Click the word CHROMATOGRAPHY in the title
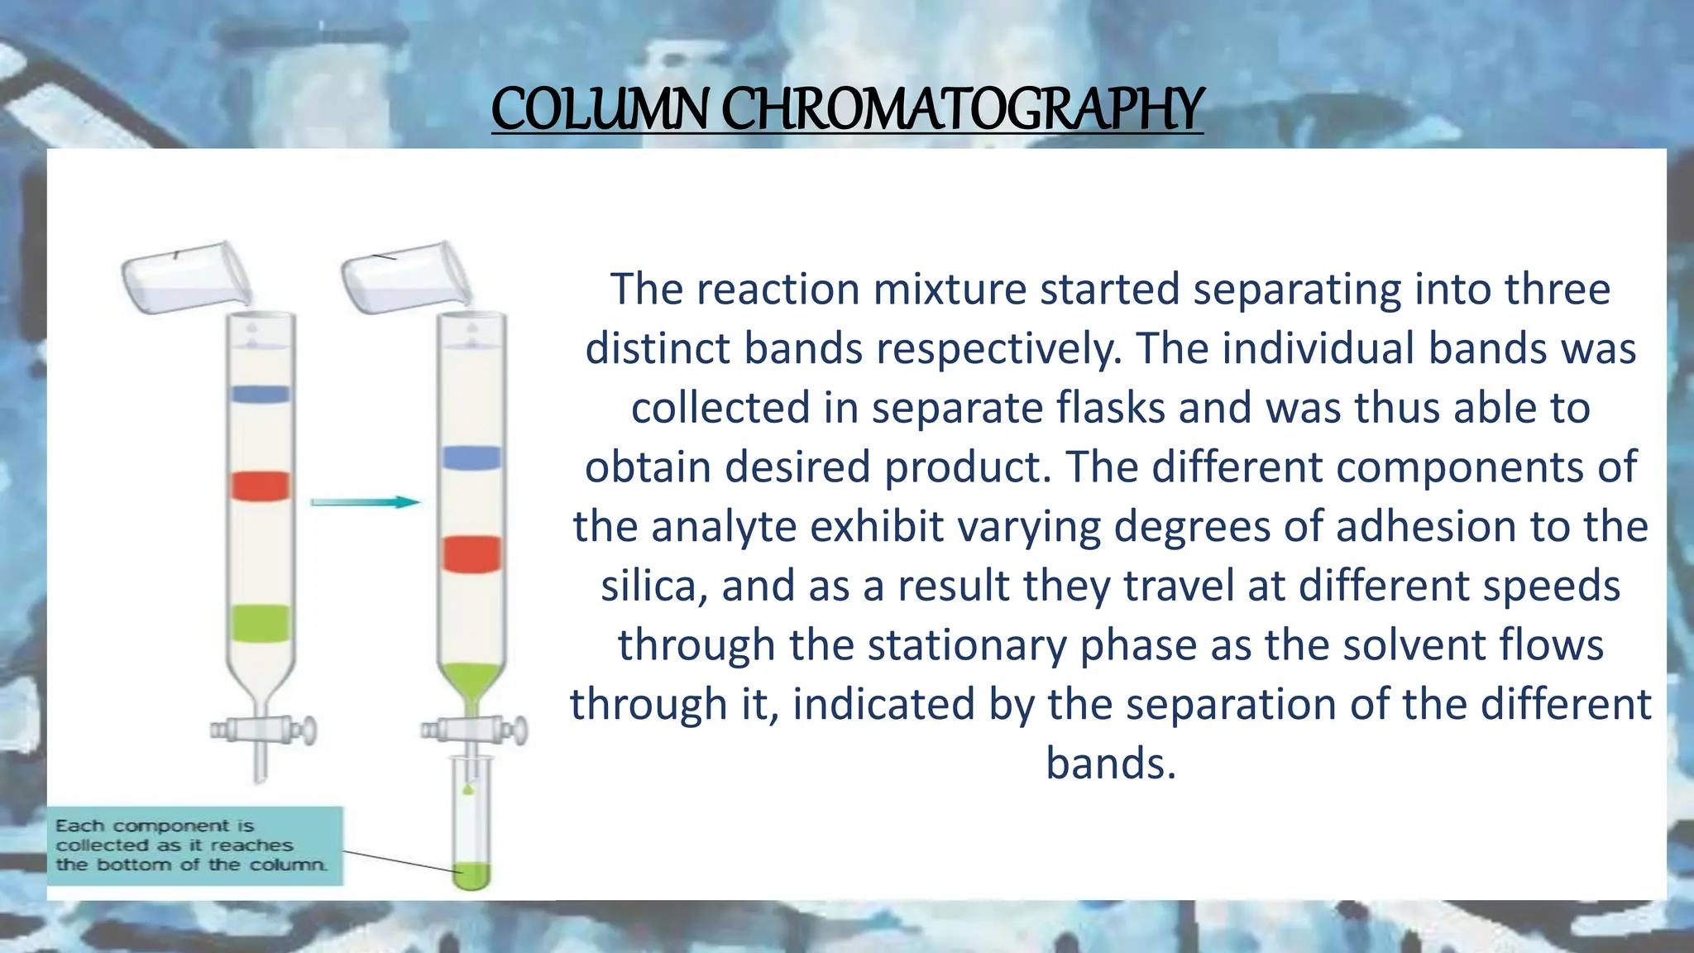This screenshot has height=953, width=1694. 963,110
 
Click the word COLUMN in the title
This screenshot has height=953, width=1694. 601,110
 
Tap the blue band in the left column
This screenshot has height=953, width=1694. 261,394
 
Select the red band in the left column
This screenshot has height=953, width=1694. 261,486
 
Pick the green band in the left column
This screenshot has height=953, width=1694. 261,623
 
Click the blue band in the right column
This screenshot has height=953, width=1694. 471,457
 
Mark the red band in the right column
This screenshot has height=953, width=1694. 471,553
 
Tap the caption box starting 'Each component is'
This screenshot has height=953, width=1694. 194,845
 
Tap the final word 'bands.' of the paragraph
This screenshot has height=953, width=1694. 1110,764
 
